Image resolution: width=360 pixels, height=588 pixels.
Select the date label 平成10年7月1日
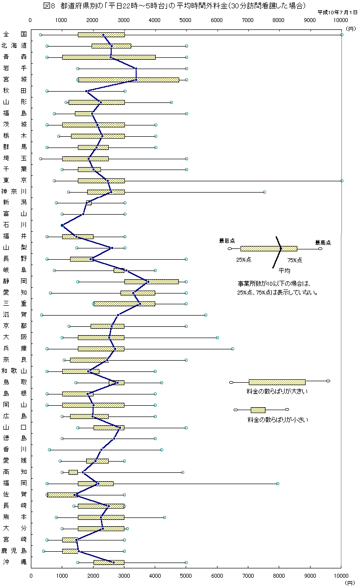338,12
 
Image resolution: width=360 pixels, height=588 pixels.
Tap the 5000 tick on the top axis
186,20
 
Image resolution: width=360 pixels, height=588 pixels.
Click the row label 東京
14,180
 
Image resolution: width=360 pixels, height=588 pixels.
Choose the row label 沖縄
14,562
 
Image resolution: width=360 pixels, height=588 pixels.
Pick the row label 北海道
14,46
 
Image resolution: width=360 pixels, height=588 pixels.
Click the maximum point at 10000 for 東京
341,181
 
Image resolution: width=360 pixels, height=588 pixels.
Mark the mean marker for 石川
62,225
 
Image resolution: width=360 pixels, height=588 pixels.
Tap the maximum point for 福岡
278,484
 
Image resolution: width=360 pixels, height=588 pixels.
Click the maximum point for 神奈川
264,192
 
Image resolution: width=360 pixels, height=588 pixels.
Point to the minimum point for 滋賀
42,315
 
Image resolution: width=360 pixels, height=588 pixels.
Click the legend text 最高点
322,242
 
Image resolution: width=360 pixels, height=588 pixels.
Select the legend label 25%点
243,260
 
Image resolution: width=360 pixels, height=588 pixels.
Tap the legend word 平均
284,270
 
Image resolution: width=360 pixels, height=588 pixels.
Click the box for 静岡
151,282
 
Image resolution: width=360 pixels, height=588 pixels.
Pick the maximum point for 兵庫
232,349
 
